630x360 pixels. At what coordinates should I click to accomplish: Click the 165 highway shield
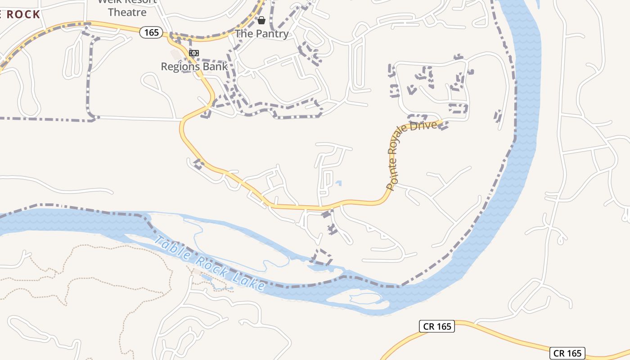(x=151, y=32)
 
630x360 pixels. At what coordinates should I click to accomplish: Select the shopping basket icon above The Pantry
(x=261, y=20)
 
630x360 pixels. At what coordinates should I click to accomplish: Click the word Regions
(x=179, y=67)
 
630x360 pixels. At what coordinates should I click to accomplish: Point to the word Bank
(x=214, y=67)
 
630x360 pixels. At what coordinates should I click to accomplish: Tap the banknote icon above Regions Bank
(x=194, y=53)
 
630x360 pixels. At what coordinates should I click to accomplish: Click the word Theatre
(x=127, y=12)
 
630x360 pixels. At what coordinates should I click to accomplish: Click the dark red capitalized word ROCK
(x=23, y=14)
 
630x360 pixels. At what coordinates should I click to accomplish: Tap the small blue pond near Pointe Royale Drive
(x=338, y=183)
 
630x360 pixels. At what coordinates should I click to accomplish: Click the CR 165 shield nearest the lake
(x=437, y=327)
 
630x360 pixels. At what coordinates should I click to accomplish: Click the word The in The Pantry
(x=244, y=34)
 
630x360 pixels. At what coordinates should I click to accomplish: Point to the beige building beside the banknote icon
(x=175, y=54)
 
